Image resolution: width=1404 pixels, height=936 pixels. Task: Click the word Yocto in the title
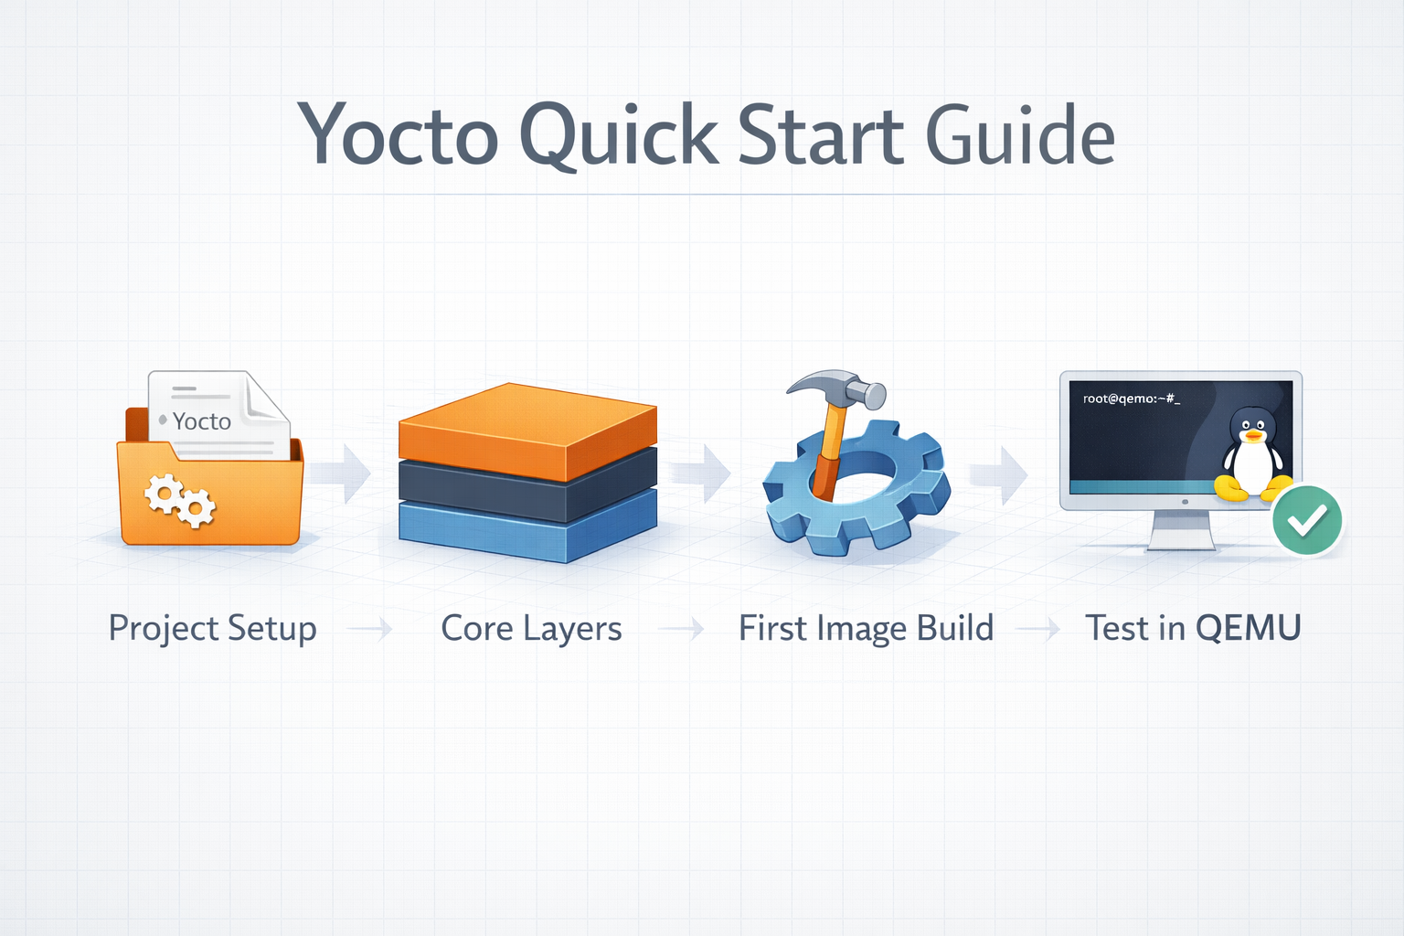coord(399,135)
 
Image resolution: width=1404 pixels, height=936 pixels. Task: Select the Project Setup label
coord(212,629)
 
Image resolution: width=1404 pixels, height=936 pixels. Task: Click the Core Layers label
coord(531,629)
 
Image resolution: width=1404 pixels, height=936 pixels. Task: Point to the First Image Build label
coord(866,629)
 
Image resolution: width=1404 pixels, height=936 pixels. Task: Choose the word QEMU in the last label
coord(1248,629)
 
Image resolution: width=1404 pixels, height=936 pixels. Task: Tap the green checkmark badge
coord(1307,520)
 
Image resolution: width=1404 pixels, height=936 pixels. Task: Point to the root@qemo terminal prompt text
coord(1131,399)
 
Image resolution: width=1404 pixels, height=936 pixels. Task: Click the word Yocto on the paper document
coord(202,421)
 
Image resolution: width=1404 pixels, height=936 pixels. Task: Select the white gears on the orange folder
coord(180,500)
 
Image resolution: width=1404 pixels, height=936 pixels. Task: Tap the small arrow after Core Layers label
coord(682,629)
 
